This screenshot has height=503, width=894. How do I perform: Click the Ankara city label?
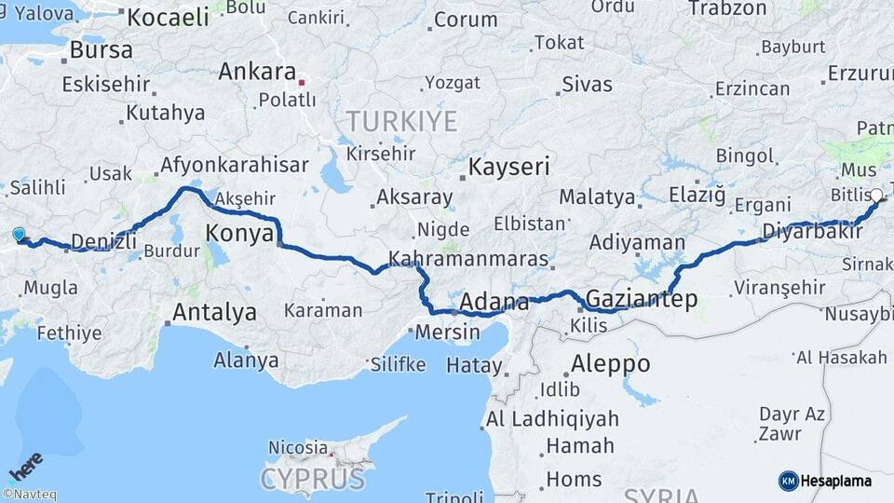point(257,72)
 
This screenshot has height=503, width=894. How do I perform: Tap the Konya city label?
point(239,233)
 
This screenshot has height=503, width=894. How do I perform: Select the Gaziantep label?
point(641,299)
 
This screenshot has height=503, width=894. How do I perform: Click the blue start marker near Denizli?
point(20,235)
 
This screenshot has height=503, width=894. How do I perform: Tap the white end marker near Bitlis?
point(875,196)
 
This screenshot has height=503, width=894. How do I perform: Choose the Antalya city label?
point(214,312)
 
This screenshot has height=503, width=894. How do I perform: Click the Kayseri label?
point(508,168)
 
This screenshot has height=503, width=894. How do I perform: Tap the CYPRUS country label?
point(312,480)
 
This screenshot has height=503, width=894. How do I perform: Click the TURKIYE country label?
point(401,121)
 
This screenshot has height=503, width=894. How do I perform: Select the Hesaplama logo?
point(825,481)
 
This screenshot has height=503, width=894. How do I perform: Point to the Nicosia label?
point(298,448)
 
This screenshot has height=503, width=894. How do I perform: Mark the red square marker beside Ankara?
point(302,82)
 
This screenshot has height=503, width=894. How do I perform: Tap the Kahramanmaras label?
point(468,259)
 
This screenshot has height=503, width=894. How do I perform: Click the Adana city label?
point(494,303)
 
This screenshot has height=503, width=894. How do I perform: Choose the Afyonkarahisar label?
point(234,165)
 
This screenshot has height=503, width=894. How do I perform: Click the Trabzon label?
point(727,8)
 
